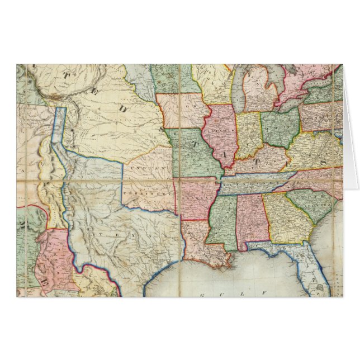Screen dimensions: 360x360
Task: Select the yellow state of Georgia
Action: [283, 219]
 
